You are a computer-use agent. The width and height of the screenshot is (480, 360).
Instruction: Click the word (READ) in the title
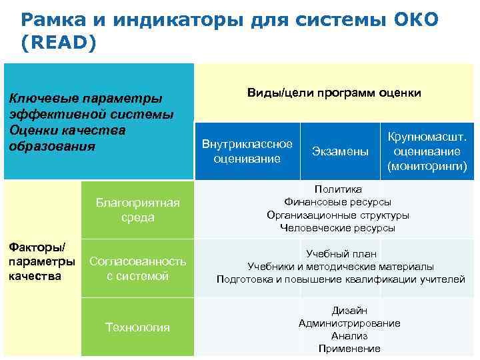[x=59, y=42]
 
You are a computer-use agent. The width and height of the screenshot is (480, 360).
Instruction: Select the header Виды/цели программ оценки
[x=334, y=93]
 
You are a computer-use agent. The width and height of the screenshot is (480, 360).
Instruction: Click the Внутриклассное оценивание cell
[x=247, y=151]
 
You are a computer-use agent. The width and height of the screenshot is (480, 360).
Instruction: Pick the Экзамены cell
[x=340, y=152]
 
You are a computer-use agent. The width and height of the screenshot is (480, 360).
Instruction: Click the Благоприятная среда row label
[x=138, y=210]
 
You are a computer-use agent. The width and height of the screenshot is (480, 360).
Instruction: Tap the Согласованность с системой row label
[x=138, y=269]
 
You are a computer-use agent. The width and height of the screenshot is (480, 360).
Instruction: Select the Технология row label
[x=138, y=327]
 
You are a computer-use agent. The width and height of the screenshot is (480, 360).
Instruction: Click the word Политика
[x=338, y=189]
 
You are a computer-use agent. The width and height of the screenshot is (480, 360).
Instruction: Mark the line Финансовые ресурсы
[x=338, y=202]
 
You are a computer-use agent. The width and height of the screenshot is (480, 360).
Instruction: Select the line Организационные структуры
[x=338, y=215]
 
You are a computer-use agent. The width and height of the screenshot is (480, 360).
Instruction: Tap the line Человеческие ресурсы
[x=338, y=228]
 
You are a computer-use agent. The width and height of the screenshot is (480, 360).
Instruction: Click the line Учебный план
[x=341, y=254]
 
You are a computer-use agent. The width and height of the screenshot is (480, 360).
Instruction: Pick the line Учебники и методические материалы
[x=341, y=267]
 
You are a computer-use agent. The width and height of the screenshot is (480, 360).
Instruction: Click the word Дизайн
[x=349, y=311]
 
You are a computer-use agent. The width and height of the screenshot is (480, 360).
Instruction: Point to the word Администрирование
[x=349, y=323]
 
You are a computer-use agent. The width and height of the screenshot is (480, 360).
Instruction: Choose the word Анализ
[x=349, y=336]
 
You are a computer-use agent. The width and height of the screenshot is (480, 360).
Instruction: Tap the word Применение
[x=349, y=349]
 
